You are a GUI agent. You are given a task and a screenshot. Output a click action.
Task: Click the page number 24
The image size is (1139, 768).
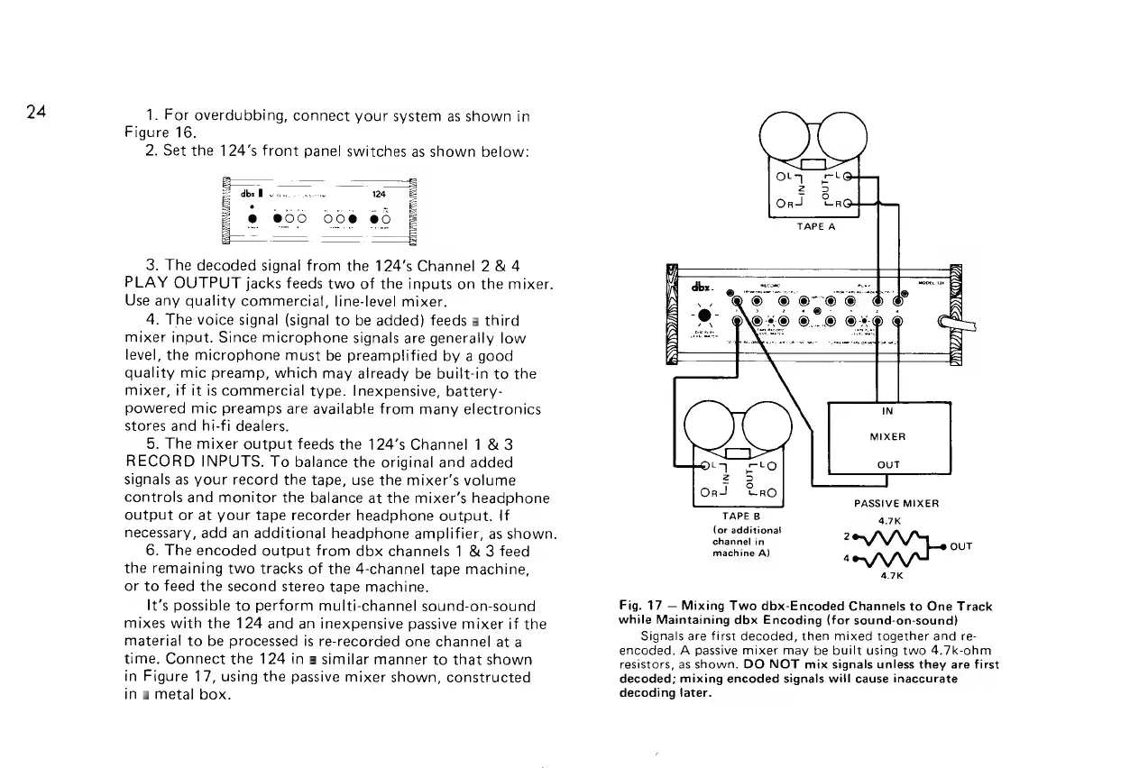click(x=35, y=112)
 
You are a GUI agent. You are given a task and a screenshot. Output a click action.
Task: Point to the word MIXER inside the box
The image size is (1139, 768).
click(x=887, y=437)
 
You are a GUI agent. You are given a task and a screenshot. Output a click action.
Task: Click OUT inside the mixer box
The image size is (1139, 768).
click(x=887, y=465)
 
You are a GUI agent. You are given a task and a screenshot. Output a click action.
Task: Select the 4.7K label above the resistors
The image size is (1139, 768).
click(x=891, y=520)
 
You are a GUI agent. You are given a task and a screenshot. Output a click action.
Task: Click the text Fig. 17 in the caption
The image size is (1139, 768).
click(x=634, y=607)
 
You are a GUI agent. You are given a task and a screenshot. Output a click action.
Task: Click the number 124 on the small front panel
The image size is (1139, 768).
click(x=380, y=195)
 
